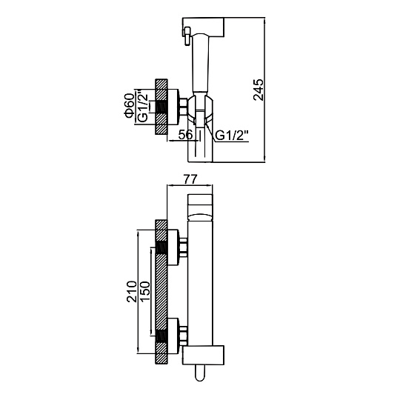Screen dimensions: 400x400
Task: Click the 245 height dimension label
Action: [259, 90]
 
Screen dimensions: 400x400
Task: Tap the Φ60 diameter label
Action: [130, 106]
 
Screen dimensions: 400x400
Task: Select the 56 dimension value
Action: [185, 135]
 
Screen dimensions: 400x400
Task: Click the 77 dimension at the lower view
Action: [190, 179]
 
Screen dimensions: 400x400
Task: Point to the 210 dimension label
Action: [132, 292]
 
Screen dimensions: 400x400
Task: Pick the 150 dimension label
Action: [144, 292]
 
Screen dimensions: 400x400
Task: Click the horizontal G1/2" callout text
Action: [232, 136]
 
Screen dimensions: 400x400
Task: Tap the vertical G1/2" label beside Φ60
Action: [142, 107]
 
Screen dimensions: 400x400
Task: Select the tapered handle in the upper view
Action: [201, 62]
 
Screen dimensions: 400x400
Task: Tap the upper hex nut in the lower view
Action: [184, 247]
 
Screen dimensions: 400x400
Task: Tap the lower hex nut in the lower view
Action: [184, 335]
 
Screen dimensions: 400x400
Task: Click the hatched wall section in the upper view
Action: [161, 107]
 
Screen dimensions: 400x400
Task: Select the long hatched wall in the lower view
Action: [161, 292]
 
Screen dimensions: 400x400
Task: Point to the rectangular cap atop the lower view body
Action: [200, 207]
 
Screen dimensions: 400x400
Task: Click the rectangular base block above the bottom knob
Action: [203, 355]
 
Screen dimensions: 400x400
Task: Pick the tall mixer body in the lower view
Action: [200, 283]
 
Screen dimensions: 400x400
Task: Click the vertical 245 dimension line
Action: [264, 90]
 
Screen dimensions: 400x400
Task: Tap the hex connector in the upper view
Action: [183, 107]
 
